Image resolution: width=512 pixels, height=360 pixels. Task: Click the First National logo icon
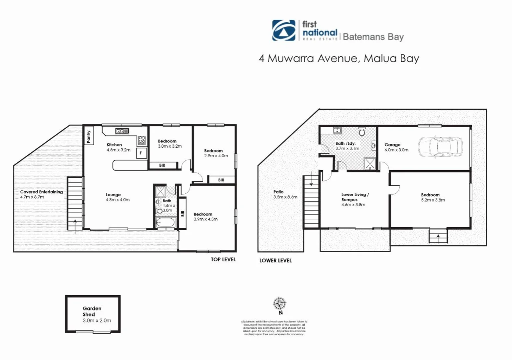pyautogui.click(x=283, y=30)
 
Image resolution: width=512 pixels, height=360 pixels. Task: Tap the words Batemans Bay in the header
pyautogui.click(x=373, y=37)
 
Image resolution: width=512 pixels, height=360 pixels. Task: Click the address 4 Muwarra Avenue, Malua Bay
pyautogui.click(x=339, y=58)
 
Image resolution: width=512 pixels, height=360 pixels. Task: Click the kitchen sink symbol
pyautogui.click(x=122, y=131)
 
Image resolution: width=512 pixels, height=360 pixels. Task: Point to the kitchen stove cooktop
pyautogui.click(x=142, y=140)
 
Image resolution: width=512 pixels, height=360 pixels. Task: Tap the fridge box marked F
pyautogui.click(x=141, y=153)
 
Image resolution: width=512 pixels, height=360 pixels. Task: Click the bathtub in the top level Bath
pyautogui.click(x=166, y=222)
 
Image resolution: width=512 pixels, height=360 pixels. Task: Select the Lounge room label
pyautogui.click(x=113, y=195)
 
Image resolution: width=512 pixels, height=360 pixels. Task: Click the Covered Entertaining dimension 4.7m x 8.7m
pyautogui.click(x=32, y=197)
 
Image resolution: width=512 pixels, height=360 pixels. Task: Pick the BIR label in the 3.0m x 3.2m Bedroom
pyautogui.click(x=162, y=165)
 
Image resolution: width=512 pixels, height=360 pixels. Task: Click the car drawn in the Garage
pyautogui.click(x=440, y=147)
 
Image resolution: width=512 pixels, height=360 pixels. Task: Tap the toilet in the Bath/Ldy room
pyautogui.click(x=362, y=132)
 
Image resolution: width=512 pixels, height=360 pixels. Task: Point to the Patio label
pyautogui.click(x=278, y=192)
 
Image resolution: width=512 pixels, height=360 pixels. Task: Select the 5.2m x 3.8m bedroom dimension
pyautogui.click(x=433, y=200)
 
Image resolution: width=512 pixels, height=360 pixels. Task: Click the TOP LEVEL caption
pyautogui.click(x=223, y=259)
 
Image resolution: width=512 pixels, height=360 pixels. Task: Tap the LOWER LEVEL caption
pyautogui.click(x=275, y=261)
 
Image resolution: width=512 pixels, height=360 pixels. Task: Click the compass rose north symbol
pyautogui.click(x=279, y=304)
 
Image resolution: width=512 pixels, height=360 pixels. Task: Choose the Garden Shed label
pyautogui.click(x=92, y=311)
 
